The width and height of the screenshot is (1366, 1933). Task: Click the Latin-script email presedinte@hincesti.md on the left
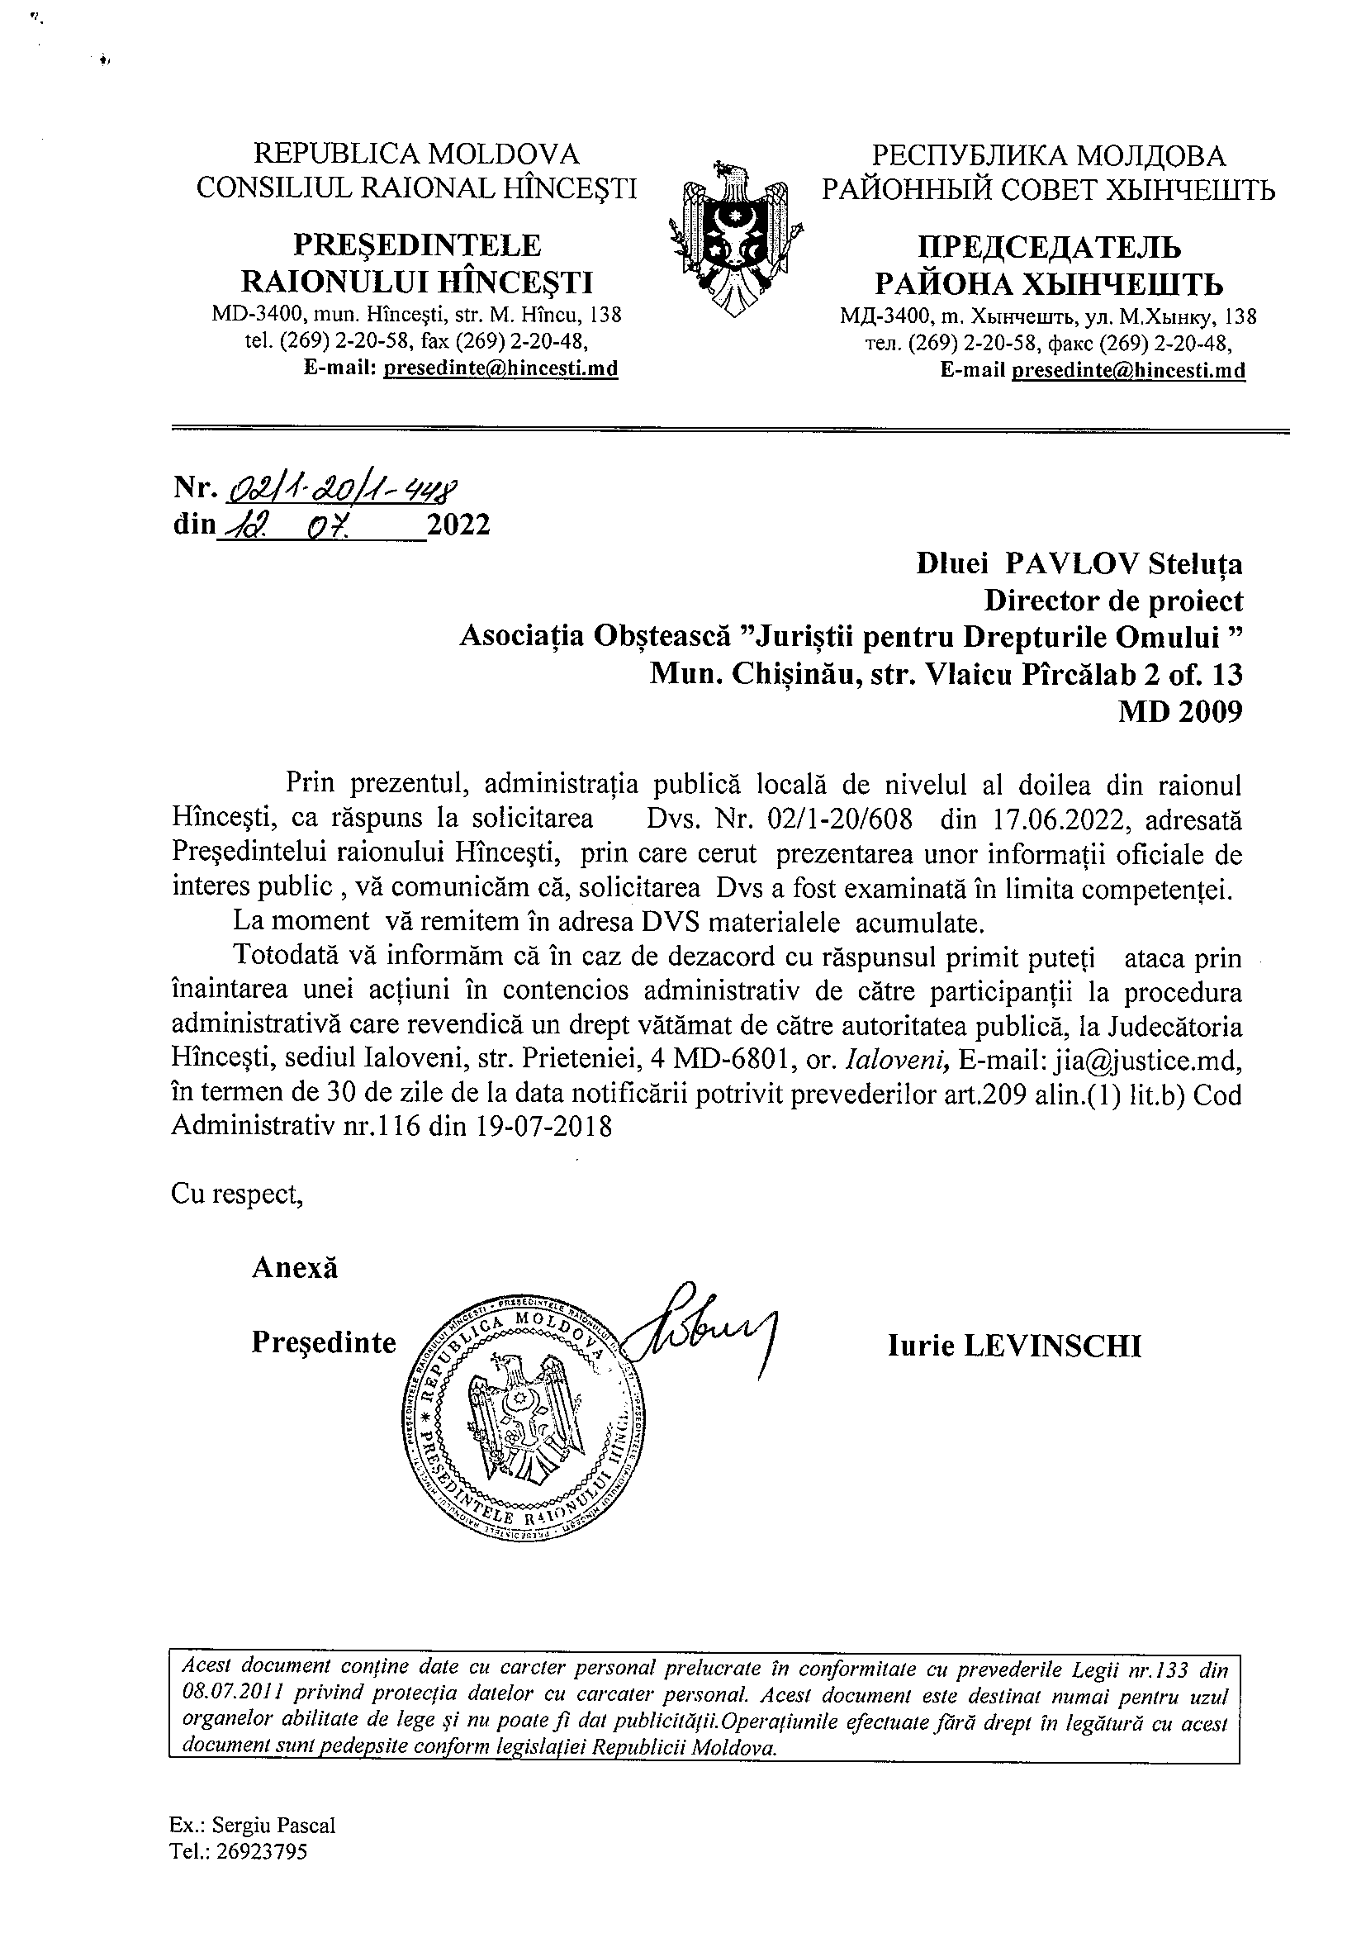coord(500,368)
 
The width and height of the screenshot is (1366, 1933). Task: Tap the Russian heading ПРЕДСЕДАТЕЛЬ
coord(1048,248)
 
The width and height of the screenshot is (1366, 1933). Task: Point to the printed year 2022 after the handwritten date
coord(458,525)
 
